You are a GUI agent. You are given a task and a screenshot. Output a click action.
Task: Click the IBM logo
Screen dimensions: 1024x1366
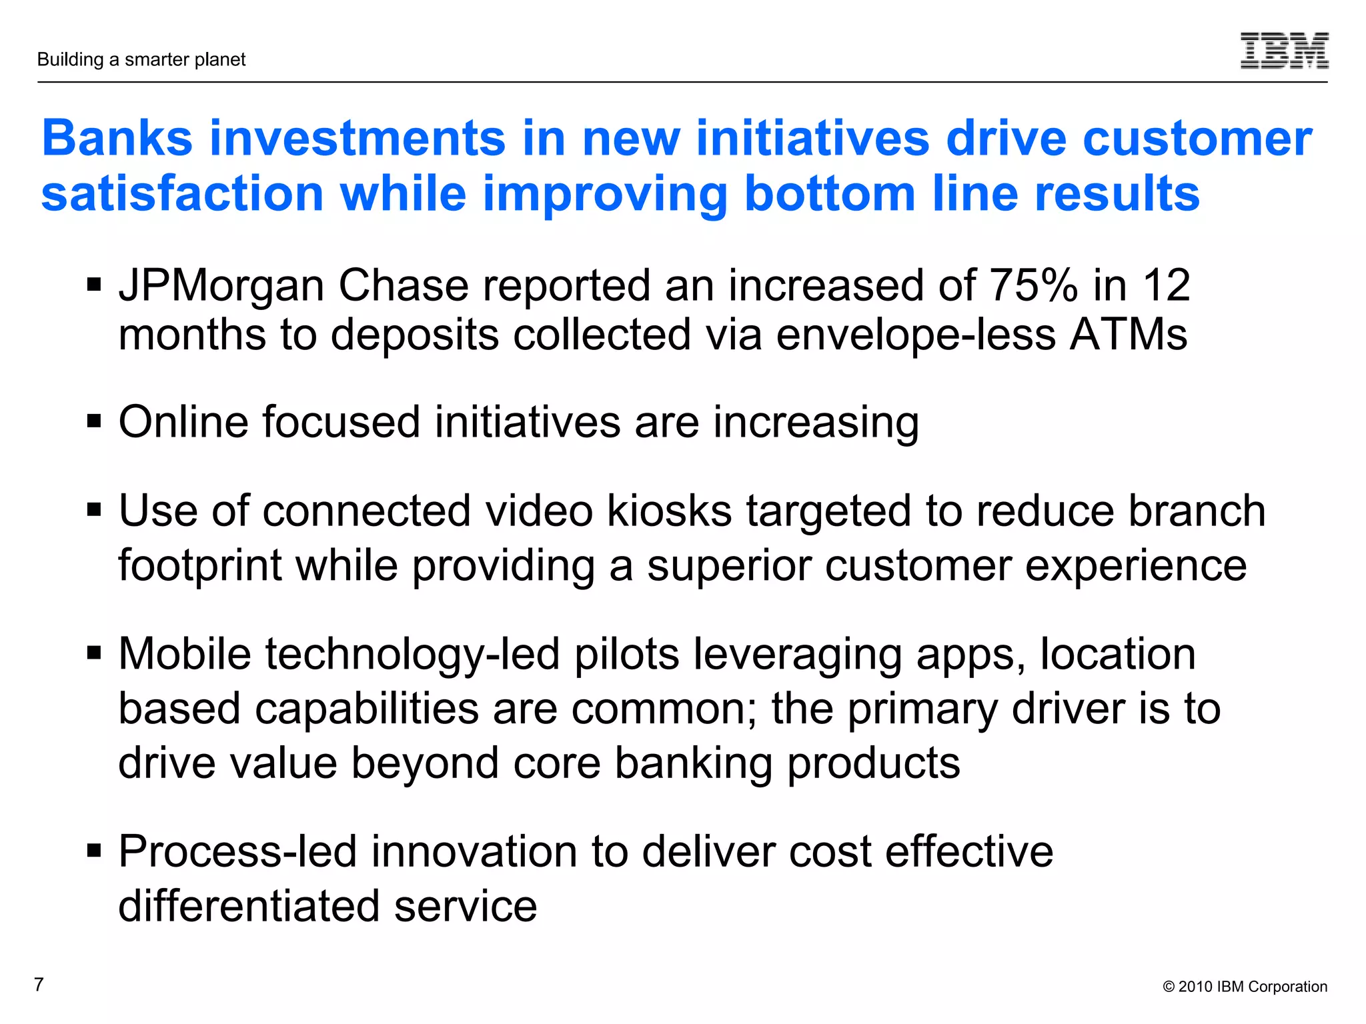[1284, 51]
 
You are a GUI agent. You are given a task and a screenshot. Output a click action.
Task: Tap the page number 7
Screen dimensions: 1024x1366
[39, 985]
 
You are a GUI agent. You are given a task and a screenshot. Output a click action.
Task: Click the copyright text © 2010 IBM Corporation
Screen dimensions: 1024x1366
[1245, 987]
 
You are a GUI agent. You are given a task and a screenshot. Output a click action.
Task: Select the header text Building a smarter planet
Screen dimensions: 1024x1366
[141, 60]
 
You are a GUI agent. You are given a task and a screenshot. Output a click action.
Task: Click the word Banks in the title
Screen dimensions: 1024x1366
[117, 139]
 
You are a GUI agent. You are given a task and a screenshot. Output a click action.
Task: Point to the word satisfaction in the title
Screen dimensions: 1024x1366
[183, 194]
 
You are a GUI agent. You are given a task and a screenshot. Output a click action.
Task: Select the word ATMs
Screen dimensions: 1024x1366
[1129, 335]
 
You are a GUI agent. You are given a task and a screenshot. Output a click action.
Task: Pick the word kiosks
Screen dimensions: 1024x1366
[670, 511]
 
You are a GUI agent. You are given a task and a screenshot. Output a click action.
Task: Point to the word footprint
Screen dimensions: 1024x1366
[200, 566]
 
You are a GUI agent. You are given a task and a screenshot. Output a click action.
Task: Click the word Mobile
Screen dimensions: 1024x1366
[185, 654]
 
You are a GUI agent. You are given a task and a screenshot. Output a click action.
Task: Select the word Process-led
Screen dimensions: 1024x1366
[237, 852]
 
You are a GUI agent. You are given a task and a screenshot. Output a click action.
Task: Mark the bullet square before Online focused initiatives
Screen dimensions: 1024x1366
[94, 422]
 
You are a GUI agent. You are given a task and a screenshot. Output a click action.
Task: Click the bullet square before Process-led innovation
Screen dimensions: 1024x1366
[94, 851]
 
